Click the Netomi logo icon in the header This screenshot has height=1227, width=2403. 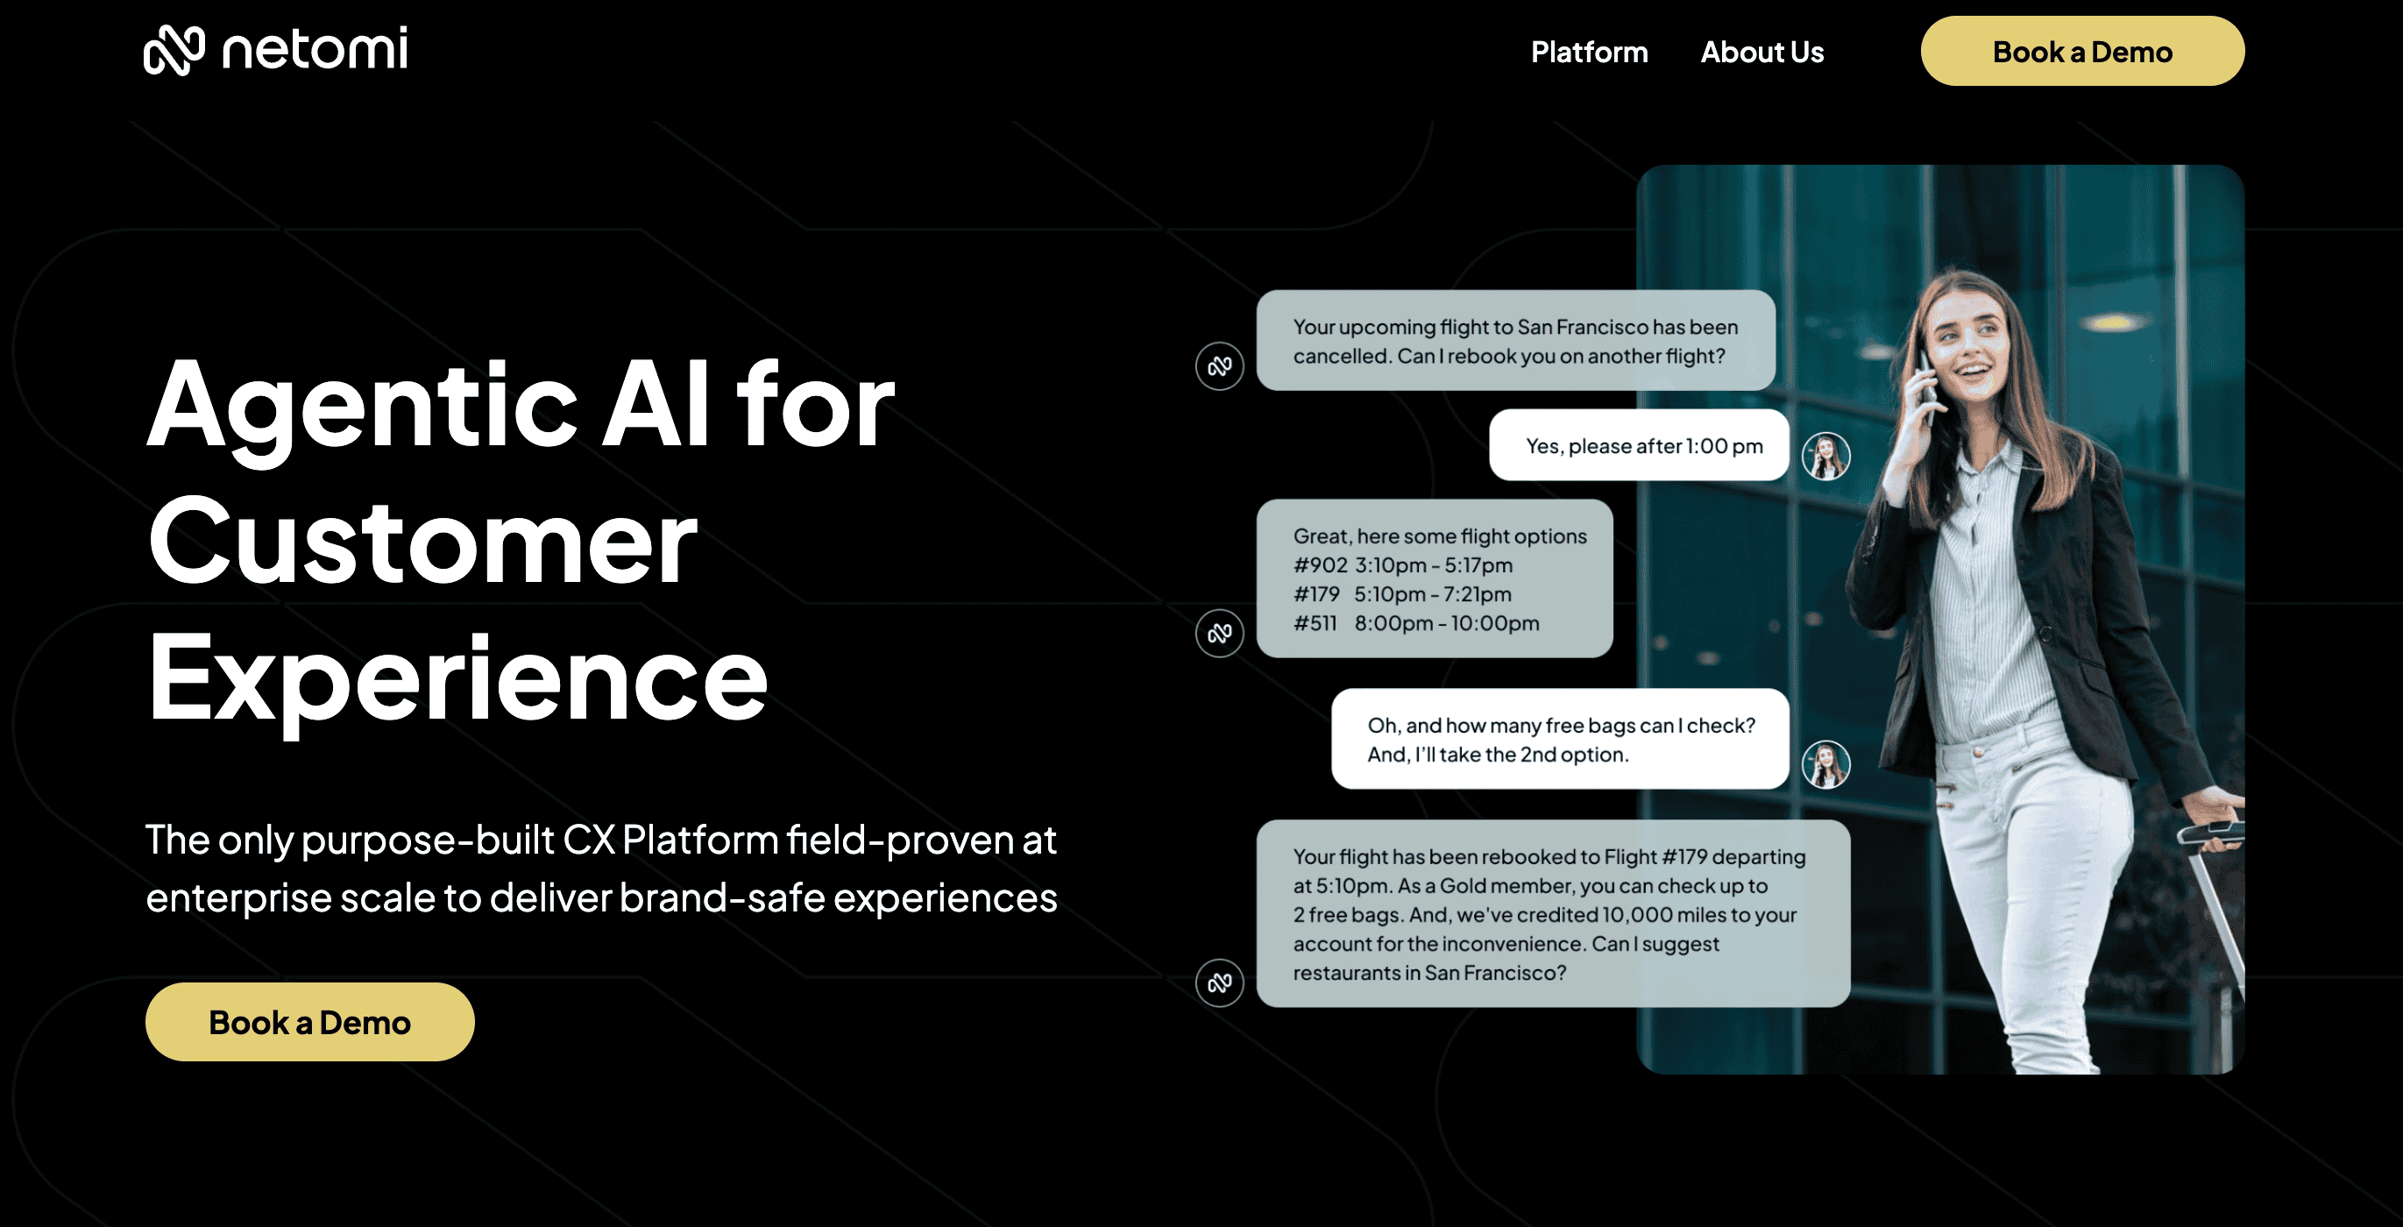174,49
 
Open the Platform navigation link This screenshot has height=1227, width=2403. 1590,53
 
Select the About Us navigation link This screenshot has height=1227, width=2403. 1762,53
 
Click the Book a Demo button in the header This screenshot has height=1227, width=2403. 2082,52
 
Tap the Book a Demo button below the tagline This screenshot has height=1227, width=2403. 309,1022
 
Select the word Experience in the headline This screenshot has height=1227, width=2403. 457,680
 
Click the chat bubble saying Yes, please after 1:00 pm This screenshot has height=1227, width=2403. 1639,445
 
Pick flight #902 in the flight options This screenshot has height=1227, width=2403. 1403,564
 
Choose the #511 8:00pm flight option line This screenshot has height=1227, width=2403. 1416,622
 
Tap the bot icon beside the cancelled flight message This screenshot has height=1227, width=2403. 1219,365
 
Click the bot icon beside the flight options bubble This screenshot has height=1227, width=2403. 1219,634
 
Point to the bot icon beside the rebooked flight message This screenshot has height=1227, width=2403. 1219,982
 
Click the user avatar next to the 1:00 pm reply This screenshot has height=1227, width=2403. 1825,457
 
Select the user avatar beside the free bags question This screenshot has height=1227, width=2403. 1825,764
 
